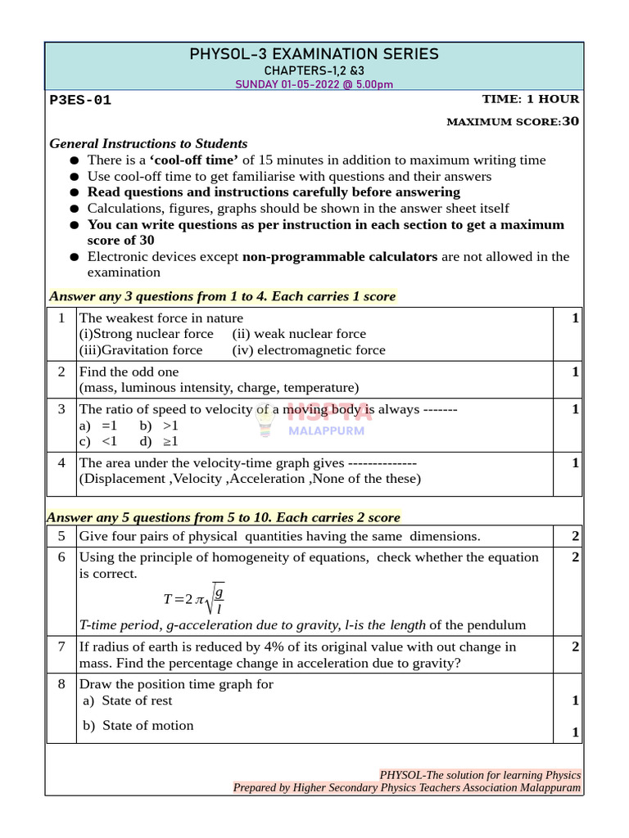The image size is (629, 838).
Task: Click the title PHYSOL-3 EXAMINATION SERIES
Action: click(314, 55)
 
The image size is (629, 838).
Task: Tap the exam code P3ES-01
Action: click(80, 101)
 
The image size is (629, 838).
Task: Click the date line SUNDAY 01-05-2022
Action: click(314, 84)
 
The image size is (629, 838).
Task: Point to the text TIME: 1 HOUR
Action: click(530, 99)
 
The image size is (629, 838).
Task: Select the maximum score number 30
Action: click(571, 121)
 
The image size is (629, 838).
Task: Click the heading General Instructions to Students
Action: click(148, 143)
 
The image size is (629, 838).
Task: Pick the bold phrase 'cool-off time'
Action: click(194, 160)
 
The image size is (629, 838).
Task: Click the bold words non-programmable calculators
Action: click(340, 257)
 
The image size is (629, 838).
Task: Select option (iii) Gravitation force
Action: click(141, 350)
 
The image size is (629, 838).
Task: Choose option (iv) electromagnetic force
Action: click(308, 350)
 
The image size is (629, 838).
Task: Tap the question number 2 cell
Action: click(61, 372)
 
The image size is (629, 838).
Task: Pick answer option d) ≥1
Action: click(159, 441)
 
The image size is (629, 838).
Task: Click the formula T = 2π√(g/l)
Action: click(194, 599)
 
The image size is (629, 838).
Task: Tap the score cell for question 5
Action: click(575, 537)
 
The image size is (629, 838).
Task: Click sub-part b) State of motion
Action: click(138, 726)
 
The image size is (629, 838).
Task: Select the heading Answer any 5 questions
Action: click(223, 517)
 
